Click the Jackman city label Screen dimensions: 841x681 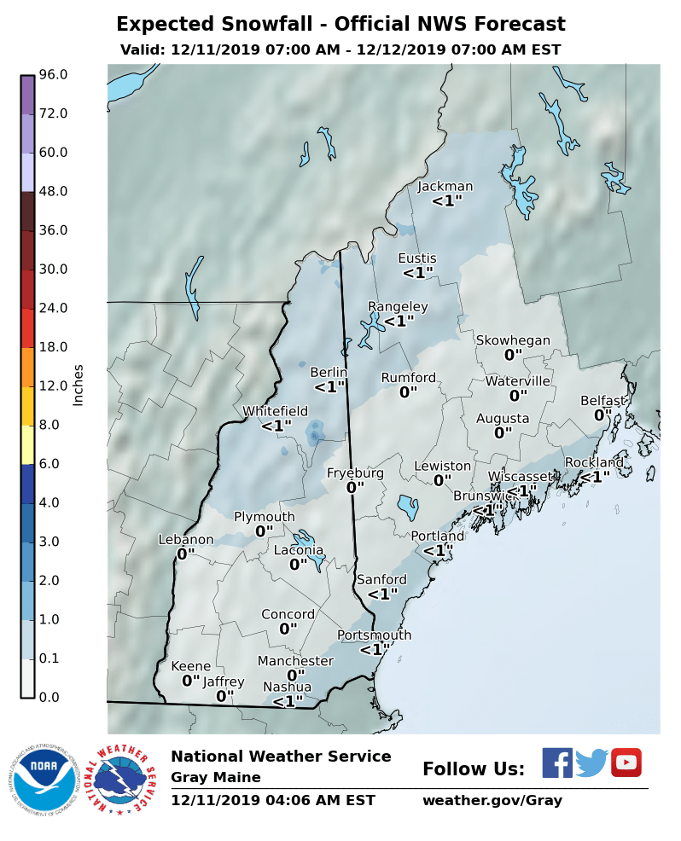coord(445,187)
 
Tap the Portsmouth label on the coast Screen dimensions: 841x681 coord(374,635)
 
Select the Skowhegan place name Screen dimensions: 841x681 coord(513,340)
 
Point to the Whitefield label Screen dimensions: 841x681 coord(275,411)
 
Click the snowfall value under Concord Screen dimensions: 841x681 coord(288,629)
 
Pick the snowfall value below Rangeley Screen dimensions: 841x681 coord(399,322)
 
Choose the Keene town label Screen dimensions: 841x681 coord(190,666)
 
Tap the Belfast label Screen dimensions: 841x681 coord(603,401)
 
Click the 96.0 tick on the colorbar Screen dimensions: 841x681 coord(53,75)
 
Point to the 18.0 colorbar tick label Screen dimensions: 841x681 coord(53,347)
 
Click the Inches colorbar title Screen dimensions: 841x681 coord(79,385)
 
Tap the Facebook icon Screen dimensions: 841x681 coord(557,763)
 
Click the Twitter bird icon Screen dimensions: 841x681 coord(591,763)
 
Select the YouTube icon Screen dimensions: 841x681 coord(626,763)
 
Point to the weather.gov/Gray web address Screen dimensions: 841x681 coord(492,801)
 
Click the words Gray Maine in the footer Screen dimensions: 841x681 coord(215,778)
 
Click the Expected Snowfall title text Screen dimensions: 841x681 coord(340,24)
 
